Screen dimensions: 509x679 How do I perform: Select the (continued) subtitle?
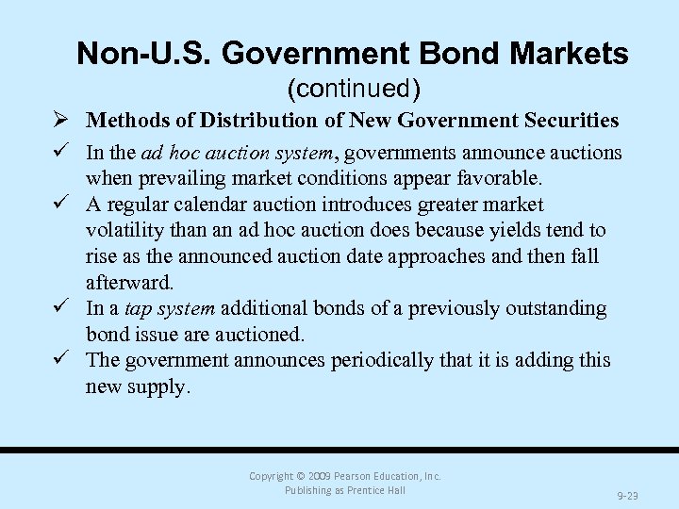pos(353,89)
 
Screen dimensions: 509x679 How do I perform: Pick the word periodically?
pos(371,360)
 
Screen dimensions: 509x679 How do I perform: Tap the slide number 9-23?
pos(627,494)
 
